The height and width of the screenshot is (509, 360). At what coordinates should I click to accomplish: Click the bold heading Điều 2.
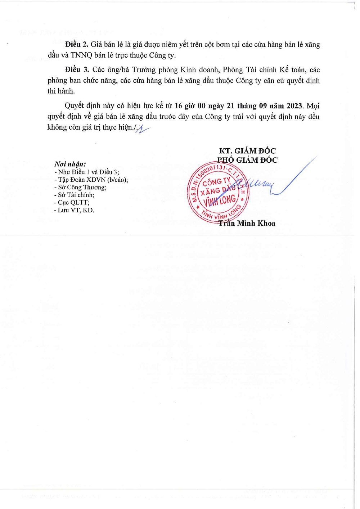tap(77, 45)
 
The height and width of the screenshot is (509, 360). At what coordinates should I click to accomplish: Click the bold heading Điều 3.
tap(77, 70)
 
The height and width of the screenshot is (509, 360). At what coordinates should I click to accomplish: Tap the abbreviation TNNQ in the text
tap(81, 55)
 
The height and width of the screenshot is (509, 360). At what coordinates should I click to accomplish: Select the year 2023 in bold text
tap(294, 106)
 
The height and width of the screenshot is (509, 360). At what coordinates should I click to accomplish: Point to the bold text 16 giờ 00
tap(190, 106)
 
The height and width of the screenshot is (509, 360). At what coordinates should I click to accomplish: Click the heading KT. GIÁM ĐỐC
tap(247, 151)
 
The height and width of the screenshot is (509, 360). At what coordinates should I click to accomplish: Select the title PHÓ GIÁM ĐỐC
tap(247, 160)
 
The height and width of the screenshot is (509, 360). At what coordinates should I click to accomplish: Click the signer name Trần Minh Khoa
tap(247, 223)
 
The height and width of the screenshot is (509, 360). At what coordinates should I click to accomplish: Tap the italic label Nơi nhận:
tap(70, 164)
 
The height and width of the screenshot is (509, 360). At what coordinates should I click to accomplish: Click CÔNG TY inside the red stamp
tap(216, 181)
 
